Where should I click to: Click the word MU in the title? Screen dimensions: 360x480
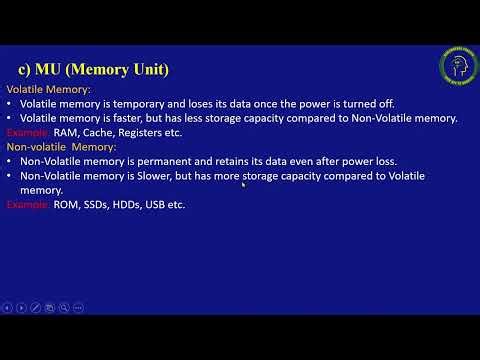(49, 69)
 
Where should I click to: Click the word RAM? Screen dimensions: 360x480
(68, 132)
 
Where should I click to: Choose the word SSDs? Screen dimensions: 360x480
(101, 204)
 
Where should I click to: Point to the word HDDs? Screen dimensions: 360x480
(135, 204)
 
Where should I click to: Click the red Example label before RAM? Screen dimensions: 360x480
(27, 132)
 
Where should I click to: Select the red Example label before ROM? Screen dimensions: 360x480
(27, 204)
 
